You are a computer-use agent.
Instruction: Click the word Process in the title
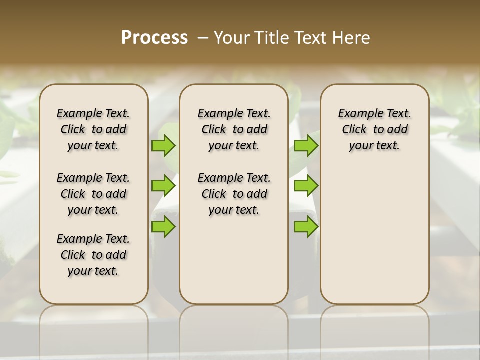pyautogui.click(x=154, y=37)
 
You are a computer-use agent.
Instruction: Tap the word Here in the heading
pyautogui.click(x=352, y=38)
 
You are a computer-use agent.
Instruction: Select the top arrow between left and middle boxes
pyautogui.click(x=163, y=146)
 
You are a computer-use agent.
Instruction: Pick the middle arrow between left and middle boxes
pyautogui.click(x=163, y=186)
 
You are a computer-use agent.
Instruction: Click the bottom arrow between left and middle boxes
pyautogui.click(x=163, y=227)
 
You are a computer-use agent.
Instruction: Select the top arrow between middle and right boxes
pyautogui.click(x=306, y=146)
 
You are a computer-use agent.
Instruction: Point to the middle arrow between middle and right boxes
pyautogui.click(x=306, y=186)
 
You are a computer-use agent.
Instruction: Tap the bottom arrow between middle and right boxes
pyautogui.click(x=306, y=227)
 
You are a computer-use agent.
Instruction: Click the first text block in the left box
pyautogui.click(x=93, y=129)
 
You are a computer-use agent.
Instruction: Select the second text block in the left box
pyautogui.click(x=93, y=194)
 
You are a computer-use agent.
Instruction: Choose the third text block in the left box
pyautogui.click(x=93, y=255)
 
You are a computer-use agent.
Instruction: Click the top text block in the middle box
pyautogui.click(x=234, y=129)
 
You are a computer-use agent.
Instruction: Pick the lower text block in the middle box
pyautogui.click(x=234, y=194)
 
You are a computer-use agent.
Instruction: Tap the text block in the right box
pyautogui.click(x=374, y=129)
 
